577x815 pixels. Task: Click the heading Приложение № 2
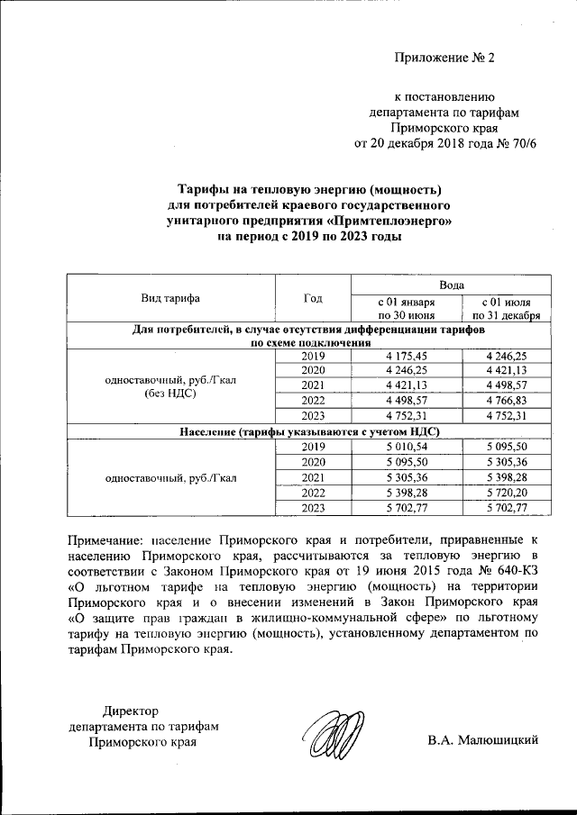click(444, 59)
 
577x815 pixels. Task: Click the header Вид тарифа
click(169, 298)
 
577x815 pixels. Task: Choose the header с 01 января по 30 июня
click(406, 309)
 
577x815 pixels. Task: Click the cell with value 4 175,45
click(406, 357)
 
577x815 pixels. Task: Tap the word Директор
click(131, 711)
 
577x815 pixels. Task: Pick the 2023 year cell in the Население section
click(312, 509)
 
